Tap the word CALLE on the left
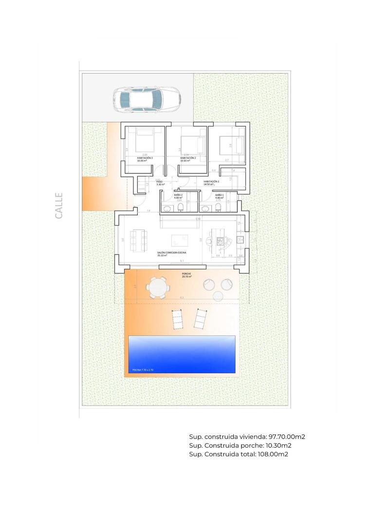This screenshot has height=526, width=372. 59,205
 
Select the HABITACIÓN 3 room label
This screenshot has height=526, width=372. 145,158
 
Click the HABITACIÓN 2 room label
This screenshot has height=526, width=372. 187,158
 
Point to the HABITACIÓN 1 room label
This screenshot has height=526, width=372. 211,182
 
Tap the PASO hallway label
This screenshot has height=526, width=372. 159,182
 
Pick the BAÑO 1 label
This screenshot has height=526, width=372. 219,195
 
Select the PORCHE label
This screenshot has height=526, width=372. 186,274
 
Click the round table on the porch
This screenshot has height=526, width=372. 158,287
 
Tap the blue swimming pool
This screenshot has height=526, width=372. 181,354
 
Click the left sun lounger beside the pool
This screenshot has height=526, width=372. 176,319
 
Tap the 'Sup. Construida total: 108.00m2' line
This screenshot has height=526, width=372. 239,454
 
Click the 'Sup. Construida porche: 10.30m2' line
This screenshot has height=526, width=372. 240,446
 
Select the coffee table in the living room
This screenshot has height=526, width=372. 179,240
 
